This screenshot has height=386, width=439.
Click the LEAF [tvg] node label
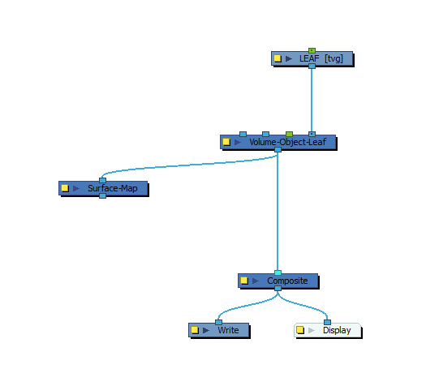tap(321, 58)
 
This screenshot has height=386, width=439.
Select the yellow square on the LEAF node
tap(278, 58)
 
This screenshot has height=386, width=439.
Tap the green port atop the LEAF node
tap(312, 50)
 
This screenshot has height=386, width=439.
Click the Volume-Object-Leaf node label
tap(288, 142)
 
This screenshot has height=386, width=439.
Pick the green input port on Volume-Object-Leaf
tap(289, 134)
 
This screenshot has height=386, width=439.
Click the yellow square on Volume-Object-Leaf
tap(226, 142)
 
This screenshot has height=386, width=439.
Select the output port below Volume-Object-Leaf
tap(278, 150)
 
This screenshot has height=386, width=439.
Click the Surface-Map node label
tap(113, 188)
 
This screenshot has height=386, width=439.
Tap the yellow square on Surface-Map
tap(65, 188)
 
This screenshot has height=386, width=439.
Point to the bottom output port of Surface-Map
tap(103, 195)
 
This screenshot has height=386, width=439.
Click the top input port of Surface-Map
tap(103, 180)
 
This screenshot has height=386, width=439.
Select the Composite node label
tap(287, 281)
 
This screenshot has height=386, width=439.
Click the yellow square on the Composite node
tap(244, 281)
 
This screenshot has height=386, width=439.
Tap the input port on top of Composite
tap(278, 272)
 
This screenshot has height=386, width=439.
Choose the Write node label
tap(228, 330)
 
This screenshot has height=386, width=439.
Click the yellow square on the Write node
tap(195, 330)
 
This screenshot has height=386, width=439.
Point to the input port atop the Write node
tap(218, 322)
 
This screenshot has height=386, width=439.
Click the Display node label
tap(337, 330)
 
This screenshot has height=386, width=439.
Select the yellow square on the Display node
tap(300, 330)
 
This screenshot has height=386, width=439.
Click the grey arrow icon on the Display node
tap(312, 330)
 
